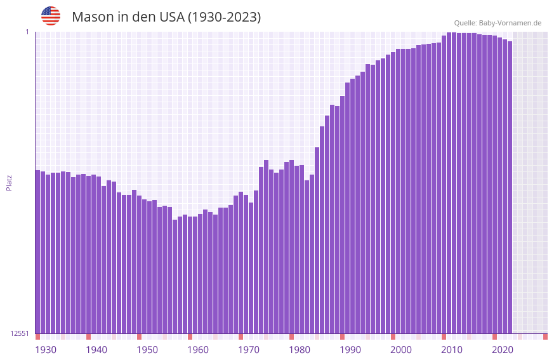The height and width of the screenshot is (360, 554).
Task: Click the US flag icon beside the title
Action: click(51, 16)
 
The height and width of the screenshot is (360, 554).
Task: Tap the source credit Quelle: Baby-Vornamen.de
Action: click(498, 23)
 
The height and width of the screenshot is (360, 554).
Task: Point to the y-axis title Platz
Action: click(9, 182)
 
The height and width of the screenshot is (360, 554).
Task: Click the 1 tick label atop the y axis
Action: click(27, 32)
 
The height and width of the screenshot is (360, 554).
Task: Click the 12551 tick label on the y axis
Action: click(20, 333)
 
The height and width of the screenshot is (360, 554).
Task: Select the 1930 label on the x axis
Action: click(46, 350)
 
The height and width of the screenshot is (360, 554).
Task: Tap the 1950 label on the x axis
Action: click(147, 350)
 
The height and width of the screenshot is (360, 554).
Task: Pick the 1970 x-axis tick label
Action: click(249, 350)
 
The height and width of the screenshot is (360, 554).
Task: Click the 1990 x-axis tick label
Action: click(350, 350)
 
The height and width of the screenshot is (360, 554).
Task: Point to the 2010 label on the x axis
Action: click(452, 350)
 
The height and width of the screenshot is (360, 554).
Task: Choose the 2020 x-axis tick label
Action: click(503, 350)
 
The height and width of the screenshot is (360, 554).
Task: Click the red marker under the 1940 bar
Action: click(88, 337)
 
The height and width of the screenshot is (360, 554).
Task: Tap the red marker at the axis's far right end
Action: click(545, 337)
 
